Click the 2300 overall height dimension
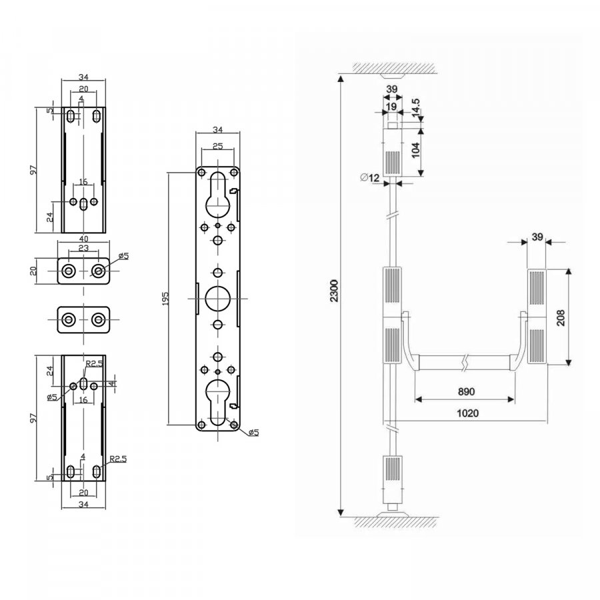[x=335, y=291]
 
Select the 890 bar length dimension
[x=466, y=391]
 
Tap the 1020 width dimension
[x=467, y=413]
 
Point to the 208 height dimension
[x=561, y=317]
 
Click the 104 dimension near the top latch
[x=415, y=149]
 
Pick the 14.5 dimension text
[x=416, y=107]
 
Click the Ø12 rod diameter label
[x=369, y=177]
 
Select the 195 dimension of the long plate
[x=165, y=299]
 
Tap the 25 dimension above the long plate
[x=217, y=146]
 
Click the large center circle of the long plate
[x=218, y=299]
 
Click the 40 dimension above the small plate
[x=83, y=239]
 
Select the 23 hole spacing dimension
[x=83, y=248]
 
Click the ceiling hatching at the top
[x=394, y=69]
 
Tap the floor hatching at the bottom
[x=397, y=522]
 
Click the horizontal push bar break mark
[x=465, y=363]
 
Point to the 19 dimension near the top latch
[x=391, y=107]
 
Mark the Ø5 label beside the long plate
[x=254, y=433]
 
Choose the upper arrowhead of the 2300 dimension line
[x=341, y=79]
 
